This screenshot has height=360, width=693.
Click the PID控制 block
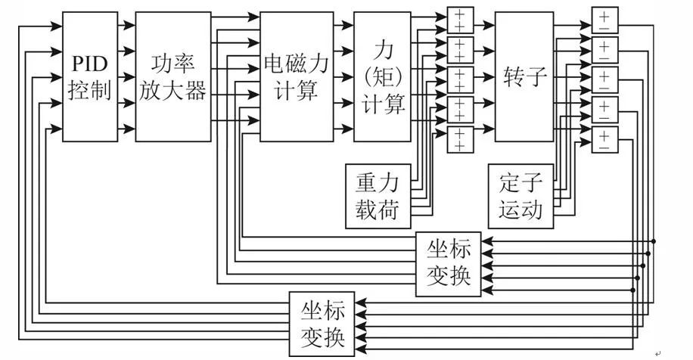point(90,76)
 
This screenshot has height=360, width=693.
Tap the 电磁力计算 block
point(296,76)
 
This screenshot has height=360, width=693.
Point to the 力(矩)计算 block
point(383,76)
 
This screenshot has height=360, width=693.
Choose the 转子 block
point(524,76)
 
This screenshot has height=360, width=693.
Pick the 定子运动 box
point(521,195)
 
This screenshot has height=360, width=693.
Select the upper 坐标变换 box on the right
point(448,264)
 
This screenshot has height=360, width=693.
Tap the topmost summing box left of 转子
point(459,19)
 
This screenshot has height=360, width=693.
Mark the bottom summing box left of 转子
point(459,140)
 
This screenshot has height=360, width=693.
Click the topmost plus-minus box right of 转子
point(604,19)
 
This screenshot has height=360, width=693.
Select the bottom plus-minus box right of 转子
point(604,140)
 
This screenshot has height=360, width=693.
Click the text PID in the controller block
point(90,61)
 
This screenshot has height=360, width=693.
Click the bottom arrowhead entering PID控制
point(58,129)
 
